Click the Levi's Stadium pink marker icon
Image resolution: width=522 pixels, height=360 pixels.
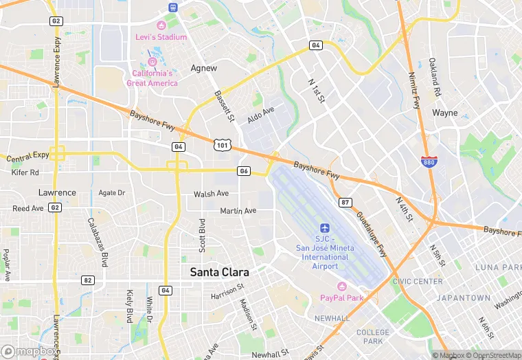(x=161, y=25)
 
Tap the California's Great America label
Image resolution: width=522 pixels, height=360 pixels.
(x=152, y=78)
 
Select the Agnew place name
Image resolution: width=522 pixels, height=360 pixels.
(x=203, y=68)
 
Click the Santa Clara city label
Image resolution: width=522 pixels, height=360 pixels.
(x=219, y=272)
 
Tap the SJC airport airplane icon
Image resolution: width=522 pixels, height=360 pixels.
(x=326, y=227)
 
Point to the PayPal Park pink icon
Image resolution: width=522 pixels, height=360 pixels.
(x=341, y=286)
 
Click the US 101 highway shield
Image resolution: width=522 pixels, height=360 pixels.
(x=221, y=144)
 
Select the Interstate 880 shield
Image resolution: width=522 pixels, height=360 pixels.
(x=429, y=161)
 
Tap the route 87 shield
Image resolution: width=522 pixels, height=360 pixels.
(x=345, y=202)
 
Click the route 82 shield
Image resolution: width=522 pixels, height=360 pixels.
(x=87, y=280)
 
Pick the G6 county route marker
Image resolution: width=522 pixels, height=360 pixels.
(x=243, y=170)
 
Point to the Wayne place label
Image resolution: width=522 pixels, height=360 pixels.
(x=444, y=113)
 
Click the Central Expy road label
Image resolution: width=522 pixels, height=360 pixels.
(x=27, y=157)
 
